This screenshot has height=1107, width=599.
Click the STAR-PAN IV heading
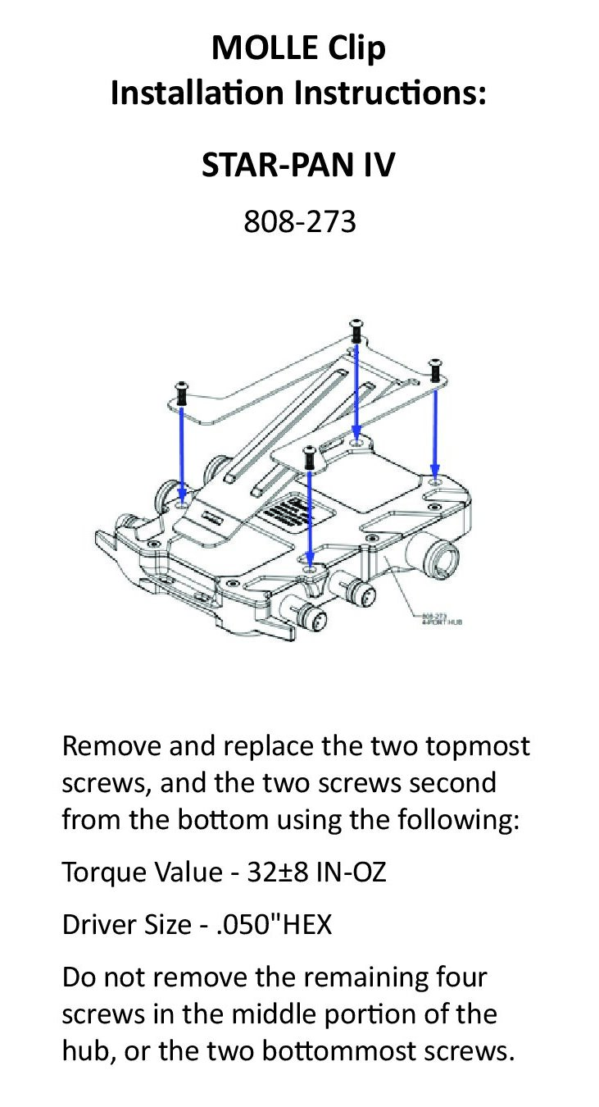298,166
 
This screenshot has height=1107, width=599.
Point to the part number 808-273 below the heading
299,221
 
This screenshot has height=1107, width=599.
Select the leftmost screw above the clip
181,392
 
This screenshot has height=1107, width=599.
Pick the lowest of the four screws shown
309,456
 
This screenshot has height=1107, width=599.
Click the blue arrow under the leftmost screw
182,451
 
